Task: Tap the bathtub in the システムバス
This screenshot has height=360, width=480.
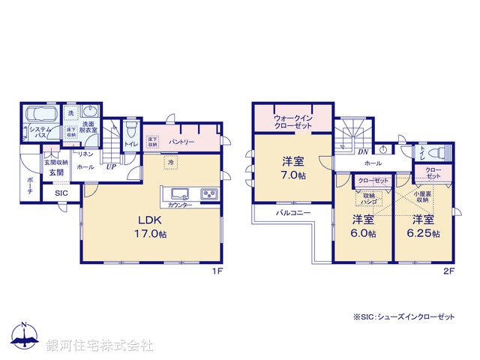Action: coord(39,117)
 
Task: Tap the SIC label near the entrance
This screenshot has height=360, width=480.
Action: coord(60,193)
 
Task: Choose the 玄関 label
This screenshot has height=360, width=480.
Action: coord(57,174)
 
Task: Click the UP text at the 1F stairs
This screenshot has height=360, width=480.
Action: coord(110,166)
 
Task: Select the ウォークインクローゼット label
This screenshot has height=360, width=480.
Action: coord(293,121)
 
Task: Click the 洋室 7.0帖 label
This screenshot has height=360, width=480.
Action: coord(292,166)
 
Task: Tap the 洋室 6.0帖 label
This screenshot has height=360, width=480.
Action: coord(362,226)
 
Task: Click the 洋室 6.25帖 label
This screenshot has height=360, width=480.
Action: coord(422,226)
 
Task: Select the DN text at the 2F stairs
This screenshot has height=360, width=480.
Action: coord(362,152)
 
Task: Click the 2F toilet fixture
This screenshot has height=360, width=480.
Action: coord(439,154)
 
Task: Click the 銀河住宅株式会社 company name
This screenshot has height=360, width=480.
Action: coord(99,346)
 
